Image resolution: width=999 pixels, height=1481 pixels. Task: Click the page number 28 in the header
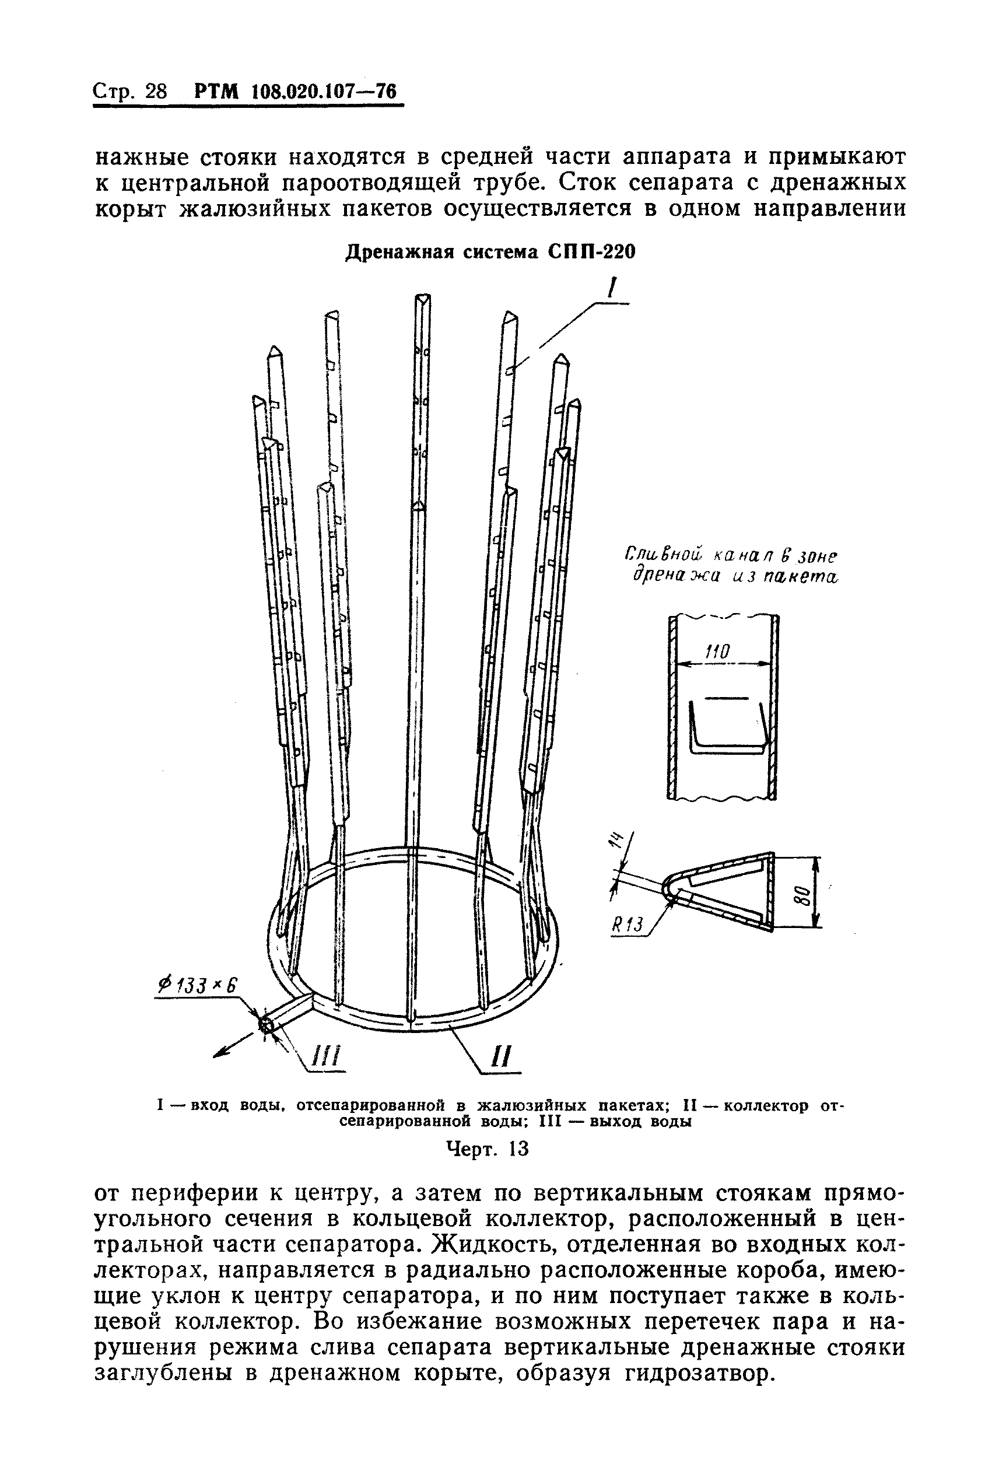click(156, 92)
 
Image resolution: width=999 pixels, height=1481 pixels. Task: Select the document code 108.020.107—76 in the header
click(324, 92)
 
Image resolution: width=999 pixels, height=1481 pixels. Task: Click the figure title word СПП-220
click(591, 253)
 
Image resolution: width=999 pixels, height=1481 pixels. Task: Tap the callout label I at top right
click(612, 290)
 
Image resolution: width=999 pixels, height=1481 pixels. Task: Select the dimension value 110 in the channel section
click(717, 652)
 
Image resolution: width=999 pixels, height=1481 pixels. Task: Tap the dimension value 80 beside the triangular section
click(804, 895)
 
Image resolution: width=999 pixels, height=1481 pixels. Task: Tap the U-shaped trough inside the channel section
click(728, 728)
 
